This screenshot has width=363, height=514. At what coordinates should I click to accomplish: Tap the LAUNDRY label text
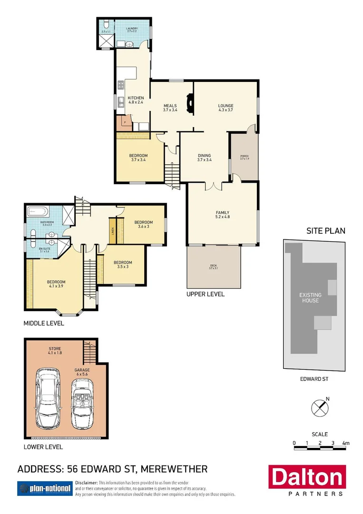(x=132, y=30)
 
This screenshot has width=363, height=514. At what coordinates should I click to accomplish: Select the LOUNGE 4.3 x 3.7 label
(x=226, y=108)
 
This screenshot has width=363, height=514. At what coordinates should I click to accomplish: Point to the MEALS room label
(x=170, y=108)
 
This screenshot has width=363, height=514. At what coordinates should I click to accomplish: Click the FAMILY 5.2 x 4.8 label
(x=223, y=215)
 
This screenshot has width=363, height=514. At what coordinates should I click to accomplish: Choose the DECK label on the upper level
(x=213, y=267)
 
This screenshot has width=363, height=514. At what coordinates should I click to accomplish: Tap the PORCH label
(x=244, y=158)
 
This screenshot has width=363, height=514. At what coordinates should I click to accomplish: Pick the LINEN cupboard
(x=113, y=230)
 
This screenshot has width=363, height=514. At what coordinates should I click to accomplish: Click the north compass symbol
(x=320, y=408)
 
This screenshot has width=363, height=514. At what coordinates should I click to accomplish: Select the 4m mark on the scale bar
(x=346, y=443)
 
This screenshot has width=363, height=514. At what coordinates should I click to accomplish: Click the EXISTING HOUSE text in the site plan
(x=309, y=298)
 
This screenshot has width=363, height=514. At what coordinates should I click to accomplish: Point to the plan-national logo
(x=45, y=488)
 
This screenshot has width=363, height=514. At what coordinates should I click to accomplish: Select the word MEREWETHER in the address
(x=174, y=469)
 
